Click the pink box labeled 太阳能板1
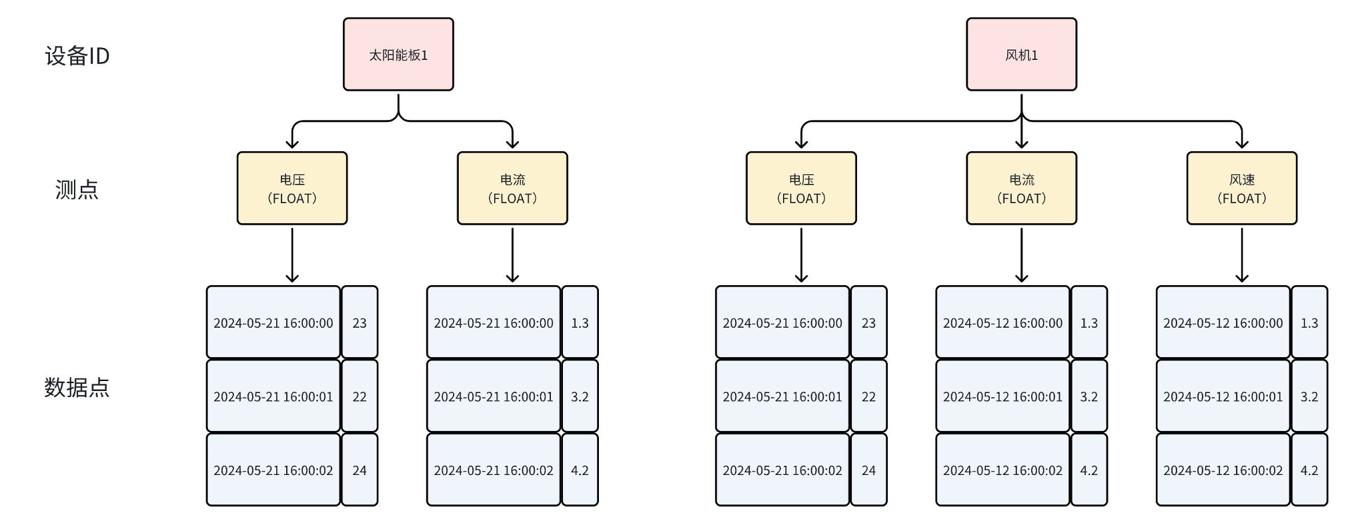coord(398,55)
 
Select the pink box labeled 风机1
coord(1021,55)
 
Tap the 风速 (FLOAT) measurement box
coord(1241,189)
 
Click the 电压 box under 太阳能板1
coord(292,189)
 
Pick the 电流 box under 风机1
coord(1021,189)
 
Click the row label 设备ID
coord(77,56)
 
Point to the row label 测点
coord(77,190)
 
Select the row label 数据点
coord(77,387)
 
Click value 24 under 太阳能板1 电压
coord(360,470)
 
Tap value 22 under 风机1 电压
coord(868,397)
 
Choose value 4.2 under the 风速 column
coord(1309,470)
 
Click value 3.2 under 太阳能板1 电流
coord(580,397)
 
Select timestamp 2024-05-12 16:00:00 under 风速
coord(1223,323)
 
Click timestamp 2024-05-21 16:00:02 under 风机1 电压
coord(782,470)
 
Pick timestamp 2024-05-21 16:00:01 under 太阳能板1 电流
coord(494,397)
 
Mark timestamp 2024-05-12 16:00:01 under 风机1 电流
coord(1002,397)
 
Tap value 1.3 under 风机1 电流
coord(1089,323)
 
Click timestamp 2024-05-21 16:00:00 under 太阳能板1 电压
coord(273,323)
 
